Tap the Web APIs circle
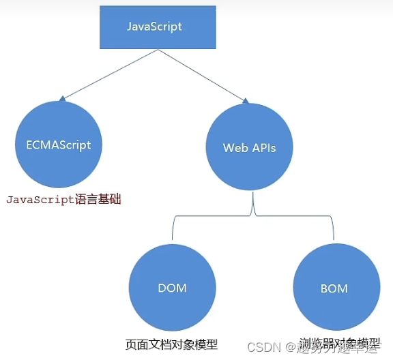click(x=249, y=147)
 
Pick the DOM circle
click(x=171, y=287)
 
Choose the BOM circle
click(x=334, y=288)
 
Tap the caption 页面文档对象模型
click(x=171, y=344)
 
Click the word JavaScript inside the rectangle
click(x=155, y=27)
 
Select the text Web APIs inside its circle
click(x=249, y=147)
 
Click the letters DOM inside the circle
click(x=172, y=288)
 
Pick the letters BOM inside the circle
click(x=334, y=288)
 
